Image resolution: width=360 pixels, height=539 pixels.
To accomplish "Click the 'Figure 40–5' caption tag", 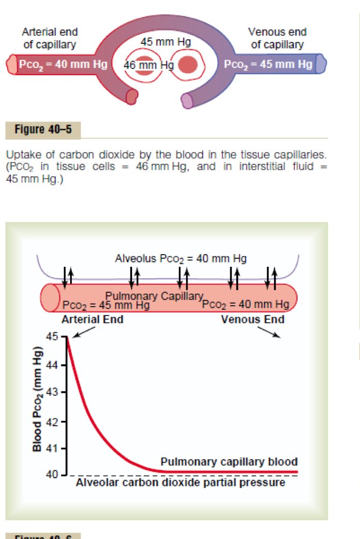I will [43, 129].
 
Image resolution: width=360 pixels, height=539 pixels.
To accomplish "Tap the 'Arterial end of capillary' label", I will [50, 38].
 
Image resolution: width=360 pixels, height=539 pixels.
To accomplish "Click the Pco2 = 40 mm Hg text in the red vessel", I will [63, 65].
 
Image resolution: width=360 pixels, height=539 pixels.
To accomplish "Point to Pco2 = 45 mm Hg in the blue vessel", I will [268, 65].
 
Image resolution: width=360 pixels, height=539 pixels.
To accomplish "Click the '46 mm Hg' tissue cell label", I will [148, 65].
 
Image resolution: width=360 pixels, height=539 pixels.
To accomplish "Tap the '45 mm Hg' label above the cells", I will [166, 42].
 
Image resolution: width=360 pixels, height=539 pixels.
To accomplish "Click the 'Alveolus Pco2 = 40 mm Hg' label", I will [181, 258].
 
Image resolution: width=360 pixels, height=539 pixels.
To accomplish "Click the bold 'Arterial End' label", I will [92, 319].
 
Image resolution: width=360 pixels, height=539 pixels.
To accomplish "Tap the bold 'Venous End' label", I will [253, 319].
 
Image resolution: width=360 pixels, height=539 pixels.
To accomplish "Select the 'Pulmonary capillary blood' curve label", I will [229, 462].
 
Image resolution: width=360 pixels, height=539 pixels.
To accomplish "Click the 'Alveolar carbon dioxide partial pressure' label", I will [180, 483].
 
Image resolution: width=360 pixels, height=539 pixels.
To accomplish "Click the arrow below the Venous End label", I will [269, 332].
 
